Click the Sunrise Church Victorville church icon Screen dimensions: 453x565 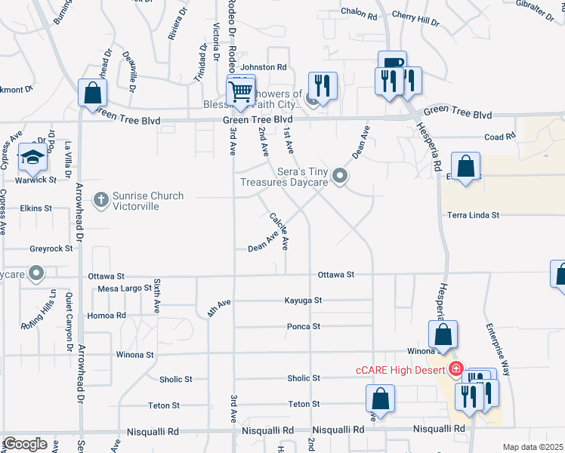pos(100,200)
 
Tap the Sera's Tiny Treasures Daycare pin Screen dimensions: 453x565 pos(340,177)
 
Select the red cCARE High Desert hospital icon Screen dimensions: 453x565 pos(455,369)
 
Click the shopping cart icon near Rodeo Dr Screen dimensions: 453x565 pos(240,92)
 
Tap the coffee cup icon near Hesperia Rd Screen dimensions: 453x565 pos(392,63)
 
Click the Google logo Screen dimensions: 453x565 pos(25,444)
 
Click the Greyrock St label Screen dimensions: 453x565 pos(51,248)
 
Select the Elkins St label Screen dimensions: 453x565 pos(36,208)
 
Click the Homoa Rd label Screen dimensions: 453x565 pos(107,316)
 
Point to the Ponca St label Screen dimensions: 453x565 pos(304,327)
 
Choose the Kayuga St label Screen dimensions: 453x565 pos(303,300)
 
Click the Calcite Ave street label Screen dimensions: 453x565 pos(279,230)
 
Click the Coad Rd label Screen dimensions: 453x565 pos(499,137)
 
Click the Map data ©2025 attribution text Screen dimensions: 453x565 pos(533,447)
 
